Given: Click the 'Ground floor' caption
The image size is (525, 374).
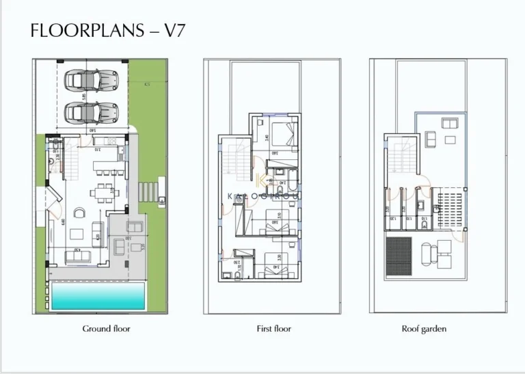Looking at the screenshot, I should (107, 329).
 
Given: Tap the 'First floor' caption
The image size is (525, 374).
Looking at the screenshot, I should (273, 329).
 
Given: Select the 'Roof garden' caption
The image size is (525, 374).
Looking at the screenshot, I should (424, 329).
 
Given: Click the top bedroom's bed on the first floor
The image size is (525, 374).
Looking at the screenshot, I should (284, 132).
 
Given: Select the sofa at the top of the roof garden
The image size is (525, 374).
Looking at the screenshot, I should (450, 124).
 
